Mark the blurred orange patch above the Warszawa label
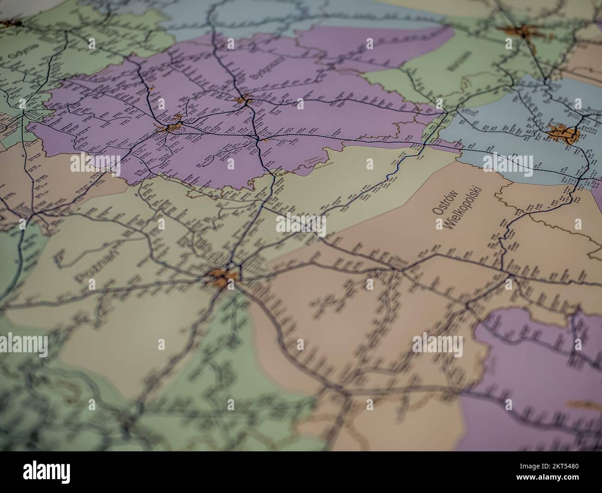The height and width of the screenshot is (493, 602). tap(520, 32)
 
